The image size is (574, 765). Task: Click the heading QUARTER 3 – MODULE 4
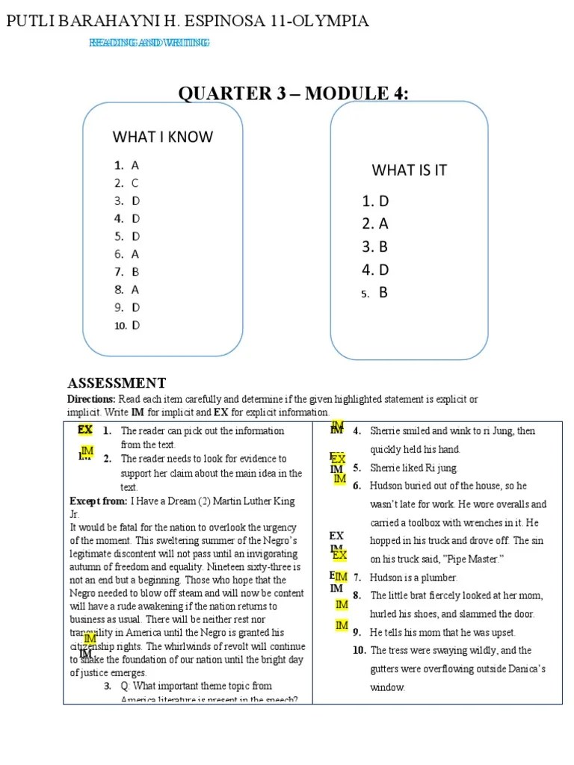(x=293, y=93)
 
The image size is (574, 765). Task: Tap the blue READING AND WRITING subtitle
(x=149, y=43)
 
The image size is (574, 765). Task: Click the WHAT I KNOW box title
(x=162, y=137)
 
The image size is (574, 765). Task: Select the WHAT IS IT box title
(x=409, y=170)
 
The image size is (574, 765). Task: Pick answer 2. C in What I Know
(x=127, y=183)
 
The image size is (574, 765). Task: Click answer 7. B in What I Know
(x=127, y=272)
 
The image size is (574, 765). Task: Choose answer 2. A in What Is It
(x=375, y=223)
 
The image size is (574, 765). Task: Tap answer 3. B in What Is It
(x=375, y=247)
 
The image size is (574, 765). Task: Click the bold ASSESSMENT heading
(x=117, y=383)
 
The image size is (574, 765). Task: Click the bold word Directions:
(x=90, y=400)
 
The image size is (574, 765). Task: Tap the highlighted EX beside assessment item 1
(x=85, y=430)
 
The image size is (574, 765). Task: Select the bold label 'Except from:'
(x=98, y=501)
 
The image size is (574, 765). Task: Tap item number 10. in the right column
(x=359, y=651)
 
